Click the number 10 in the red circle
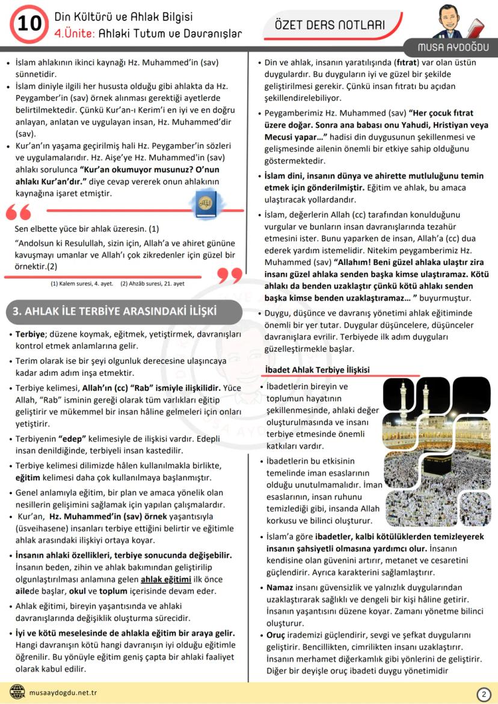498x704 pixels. click(x=29, y=23)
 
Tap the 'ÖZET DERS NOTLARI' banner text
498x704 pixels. click(x=329, y=25)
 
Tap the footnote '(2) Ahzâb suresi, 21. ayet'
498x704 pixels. click(x=152, y=283)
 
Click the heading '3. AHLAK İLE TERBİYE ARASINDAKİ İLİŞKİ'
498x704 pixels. click(x=115, y=311)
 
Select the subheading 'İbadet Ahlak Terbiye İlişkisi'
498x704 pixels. click(x=318, y=369)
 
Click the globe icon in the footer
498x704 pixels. click(x=18, y=693)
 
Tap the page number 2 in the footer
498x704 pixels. click(x=483, y=694)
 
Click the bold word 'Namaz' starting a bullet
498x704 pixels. click(x=280, y=587)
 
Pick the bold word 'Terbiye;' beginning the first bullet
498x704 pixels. click(x=30, y=334)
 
